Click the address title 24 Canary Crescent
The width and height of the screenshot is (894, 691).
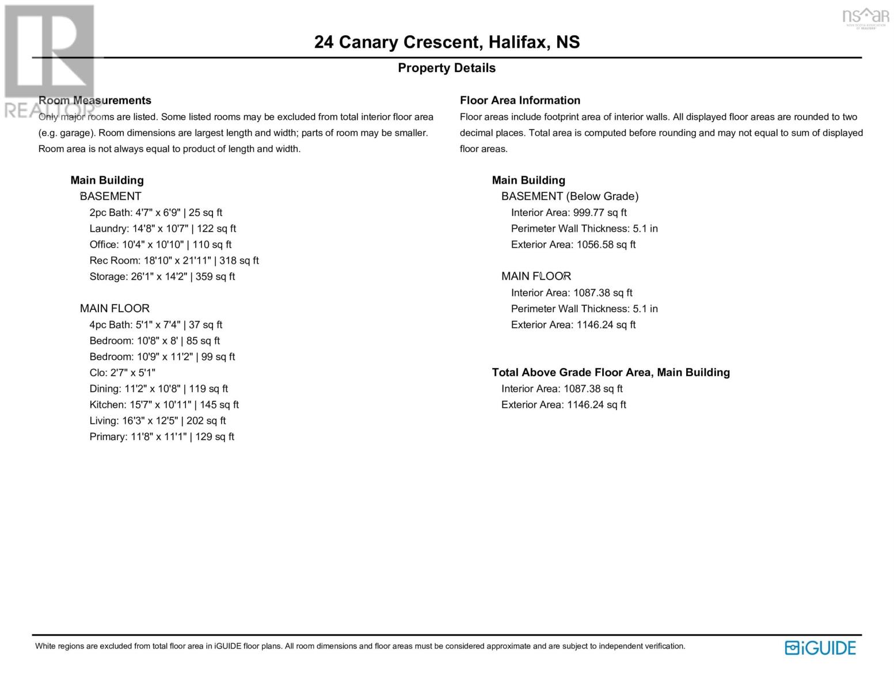coord(447,43)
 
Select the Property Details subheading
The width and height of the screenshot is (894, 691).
coord(447,68)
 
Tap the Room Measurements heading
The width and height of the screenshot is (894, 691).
coord(95,100)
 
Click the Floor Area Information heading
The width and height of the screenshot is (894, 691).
coord(520,100)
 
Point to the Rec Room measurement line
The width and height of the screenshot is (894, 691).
coord(174,260)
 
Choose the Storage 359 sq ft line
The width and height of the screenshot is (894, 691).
coord(162,276)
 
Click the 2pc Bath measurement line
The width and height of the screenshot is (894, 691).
coord(156,212)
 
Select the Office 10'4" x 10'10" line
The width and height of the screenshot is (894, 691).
coord(161,244)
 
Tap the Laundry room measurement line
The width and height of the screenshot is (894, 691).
coord(163,229)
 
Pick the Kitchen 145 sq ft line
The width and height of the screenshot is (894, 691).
coord(164,405)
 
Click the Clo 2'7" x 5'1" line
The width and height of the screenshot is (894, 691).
coord(123,373)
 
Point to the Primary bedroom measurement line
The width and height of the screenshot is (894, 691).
coord(162,436)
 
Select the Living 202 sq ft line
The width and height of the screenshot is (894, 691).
coord(158,420)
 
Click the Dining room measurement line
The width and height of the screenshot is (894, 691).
coord(159,389)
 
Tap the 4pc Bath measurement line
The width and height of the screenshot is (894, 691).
coord(156,325)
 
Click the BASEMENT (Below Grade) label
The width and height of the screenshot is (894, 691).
coord(570,196)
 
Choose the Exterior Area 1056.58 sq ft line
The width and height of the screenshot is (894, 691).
coord(573,244)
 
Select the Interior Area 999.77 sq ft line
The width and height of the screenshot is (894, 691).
coord(569,212)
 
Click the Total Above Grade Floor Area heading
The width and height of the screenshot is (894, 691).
coord(611,373)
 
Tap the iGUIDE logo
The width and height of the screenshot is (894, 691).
coord(820,648)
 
